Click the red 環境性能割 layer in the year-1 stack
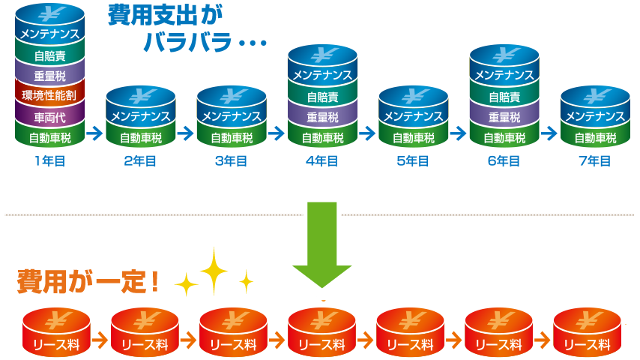[49, 96]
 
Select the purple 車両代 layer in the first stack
[49, 117]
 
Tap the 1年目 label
[49, 160]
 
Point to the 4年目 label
[322, 160]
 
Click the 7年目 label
[595, 160]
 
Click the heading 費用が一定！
[88, 283]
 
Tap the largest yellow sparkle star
[214, 270]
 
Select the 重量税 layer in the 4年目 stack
[322, 118]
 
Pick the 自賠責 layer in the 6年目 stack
[504, 97]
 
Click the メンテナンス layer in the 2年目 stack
[141, 116]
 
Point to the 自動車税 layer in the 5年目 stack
[413, 138]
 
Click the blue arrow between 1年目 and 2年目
[94, 133]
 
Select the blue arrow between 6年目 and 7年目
[549, 133]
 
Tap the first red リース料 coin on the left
[56, 333]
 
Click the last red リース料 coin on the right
[587, 333]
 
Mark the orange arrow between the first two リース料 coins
[100, 338]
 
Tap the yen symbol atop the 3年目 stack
[232, 97]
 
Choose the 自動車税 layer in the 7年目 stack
[595, 138]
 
